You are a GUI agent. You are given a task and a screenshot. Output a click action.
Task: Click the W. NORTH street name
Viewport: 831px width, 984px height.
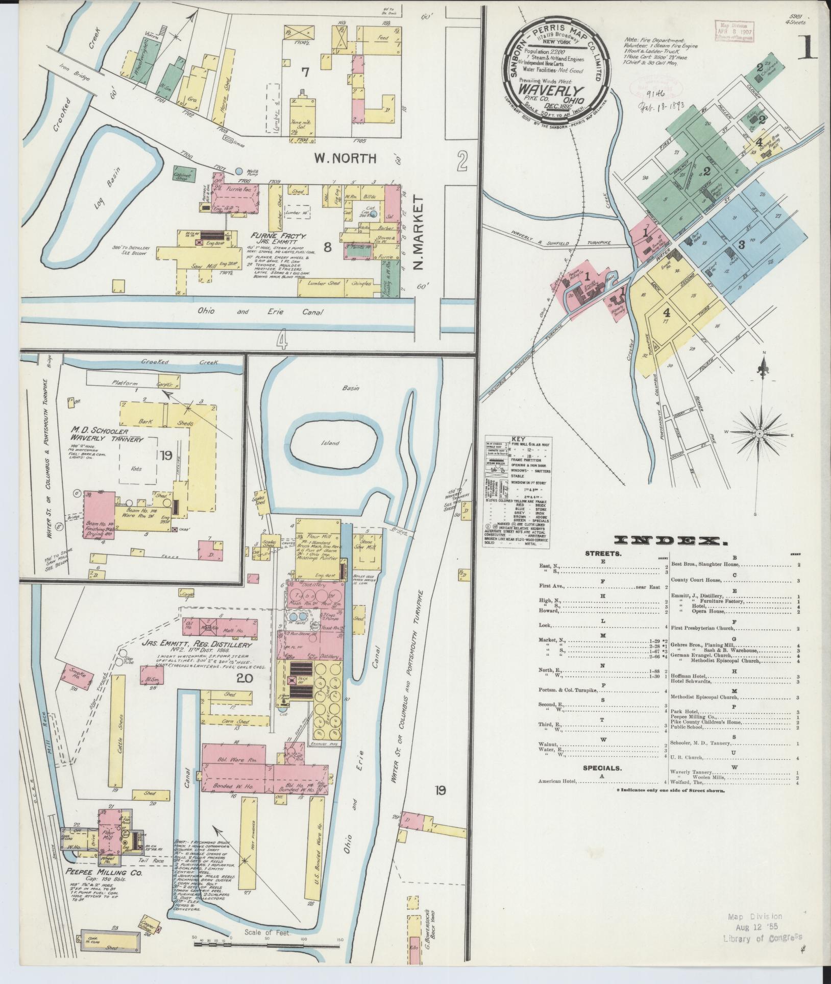pos(345,159)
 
